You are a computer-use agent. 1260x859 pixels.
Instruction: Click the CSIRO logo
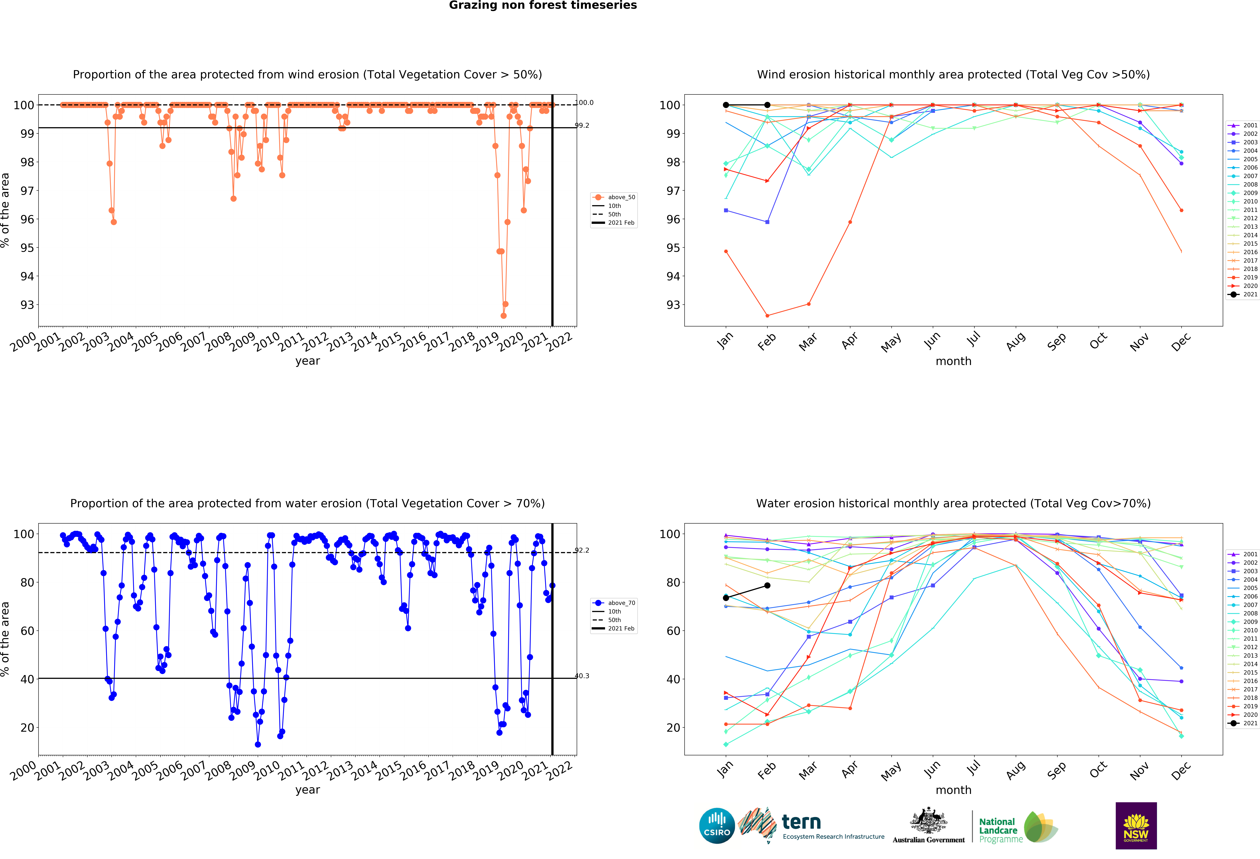click(717, 826)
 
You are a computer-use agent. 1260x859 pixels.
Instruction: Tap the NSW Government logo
click(1136, 825)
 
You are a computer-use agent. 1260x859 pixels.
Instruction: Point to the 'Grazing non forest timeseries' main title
click(543, 5)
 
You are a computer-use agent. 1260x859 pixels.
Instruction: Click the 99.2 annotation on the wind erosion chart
click(582, 125)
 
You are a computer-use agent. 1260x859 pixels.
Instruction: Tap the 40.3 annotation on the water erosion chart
click(582, 676)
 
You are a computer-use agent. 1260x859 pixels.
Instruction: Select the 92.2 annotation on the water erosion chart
click(582, 550)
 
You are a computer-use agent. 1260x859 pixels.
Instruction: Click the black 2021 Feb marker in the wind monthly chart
click(767, 105)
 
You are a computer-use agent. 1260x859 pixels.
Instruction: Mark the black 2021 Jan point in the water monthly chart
click(726, 598)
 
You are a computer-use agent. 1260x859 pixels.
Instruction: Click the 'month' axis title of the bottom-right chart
click(953, 790)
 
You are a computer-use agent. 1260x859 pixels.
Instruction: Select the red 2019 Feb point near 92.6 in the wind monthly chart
click(767, 316)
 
